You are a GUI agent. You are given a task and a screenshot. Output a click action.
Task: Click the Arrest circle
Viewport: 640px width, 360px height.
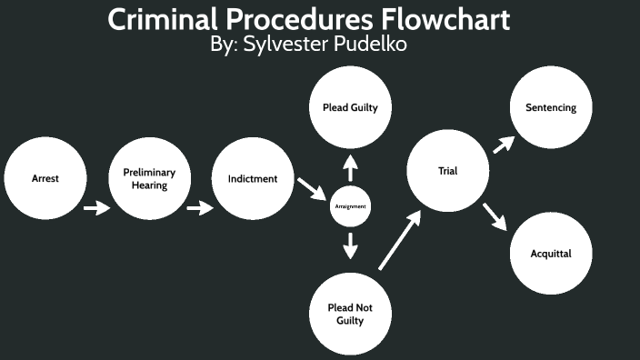pyautogui.click(x=45, y=178)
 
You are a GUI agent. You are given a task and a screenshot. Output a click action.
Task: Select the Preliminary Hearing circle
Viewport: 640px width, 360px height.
pyautogui.click(x=149, y=178)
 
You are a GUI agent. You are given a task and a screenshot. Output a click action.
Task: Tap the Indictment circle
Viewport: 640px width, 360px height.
pyautogui.click(x=253, y=178)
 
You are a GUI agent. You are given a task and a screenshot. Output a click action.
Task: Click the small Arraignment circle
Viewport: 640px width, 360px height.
pyautogui.click(x=350, y=206)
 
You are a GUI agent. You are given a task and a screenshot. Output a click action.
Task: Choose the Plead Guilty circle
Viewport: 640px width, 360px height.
pyautogui.click(x=350, y=107)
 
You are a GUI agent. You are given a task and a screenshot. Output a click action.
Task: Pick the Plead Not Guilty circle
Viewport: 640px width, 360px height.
pyautogui.click(x=350, y=314)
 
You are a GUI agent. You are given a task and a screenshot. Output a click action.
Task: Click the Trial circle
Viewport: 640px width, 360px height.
pyautogui.click(x=447, y=170)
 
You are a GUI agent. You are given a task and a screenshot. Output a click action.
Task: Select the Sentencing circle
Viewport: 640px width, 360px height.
pyautogui.click(x=551, y=107)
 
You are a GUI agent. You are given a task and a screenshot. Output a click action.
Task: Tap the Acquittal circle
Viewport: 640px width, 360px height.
pyautogui.click(x=551, y=254)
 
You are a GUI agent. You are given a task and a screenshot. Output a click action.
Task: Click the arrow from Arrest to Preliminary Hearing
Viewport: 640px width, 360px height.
pyautogui.click(x=96, y=209)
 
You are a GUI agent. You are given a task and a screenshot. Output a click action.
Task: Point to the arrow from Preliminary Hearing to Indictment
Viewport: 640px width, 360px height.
pyautogui.click(x=200, y=209)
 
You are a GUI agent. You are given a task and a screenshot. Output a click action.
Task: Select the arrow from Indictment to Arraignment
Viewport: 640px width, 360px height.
pyautogui.click(x=311, y=189)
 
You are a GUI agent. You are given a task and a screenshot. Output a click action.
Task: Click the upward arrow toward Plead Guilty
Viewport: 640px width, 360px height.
pyautogui.click(x=350, y=167)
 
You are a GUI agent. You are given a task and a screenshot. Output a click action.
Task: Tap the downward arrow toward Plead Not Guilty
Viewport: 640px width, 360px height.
pyautogui.click(x=350, y=245)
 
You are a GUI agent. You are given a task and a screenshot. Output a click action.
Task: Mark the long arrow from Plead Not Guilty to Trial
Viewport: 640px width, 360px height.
pyautogui.click(x=399, y=240)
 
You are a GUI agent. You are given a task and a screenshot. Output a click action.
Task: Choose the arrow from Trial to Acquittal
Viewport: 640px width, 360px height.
pyautogui.click(x=494, y=217)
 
